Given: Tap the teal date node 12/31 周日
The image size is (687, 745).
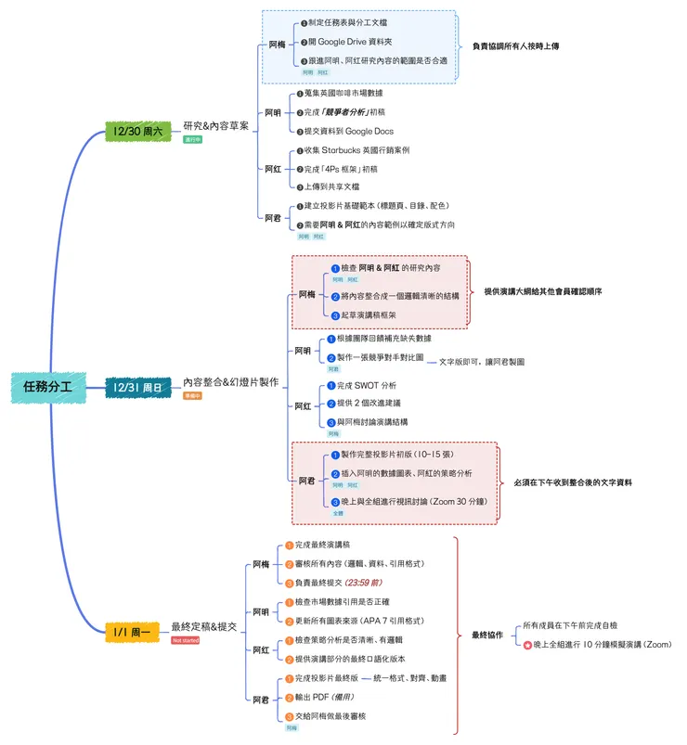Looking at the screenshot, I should click(137, 386).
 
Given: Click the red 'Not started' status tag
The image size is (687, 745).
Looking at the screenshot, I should click(186, 640).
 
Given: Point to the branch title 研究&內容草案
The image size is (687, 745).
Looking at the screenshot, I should click(215, 126).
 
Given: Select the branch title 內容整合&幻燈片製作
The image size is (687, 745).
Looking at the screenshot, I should click(230, 381).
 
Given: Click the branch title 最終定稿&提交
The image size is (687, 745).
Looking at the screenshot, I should click(204, 627).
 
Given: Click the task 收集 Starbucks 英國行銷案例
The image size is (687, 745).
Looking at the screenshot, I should click(356, 150).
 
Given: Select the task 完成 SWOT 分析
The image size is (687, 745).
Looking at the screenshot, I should click(365, 385).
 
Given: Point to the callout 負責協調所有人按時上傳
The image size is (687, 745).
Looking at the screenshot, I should click(515, 45).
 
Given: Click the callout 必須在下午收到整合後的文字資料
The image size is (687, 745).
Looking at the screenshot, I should click(573, 482).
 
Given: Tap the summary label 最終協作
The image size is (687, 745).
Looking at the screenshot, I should click(486, 635).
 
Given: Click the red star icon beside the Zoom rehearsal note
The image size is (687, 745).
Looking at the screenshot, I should click(528, 644).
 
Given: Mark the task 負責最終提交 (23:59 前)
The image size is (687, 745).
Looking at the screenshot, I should click(331, 583).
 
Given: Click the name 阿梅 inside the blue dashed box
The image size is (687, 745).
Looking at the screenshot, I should click(277, 44).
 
